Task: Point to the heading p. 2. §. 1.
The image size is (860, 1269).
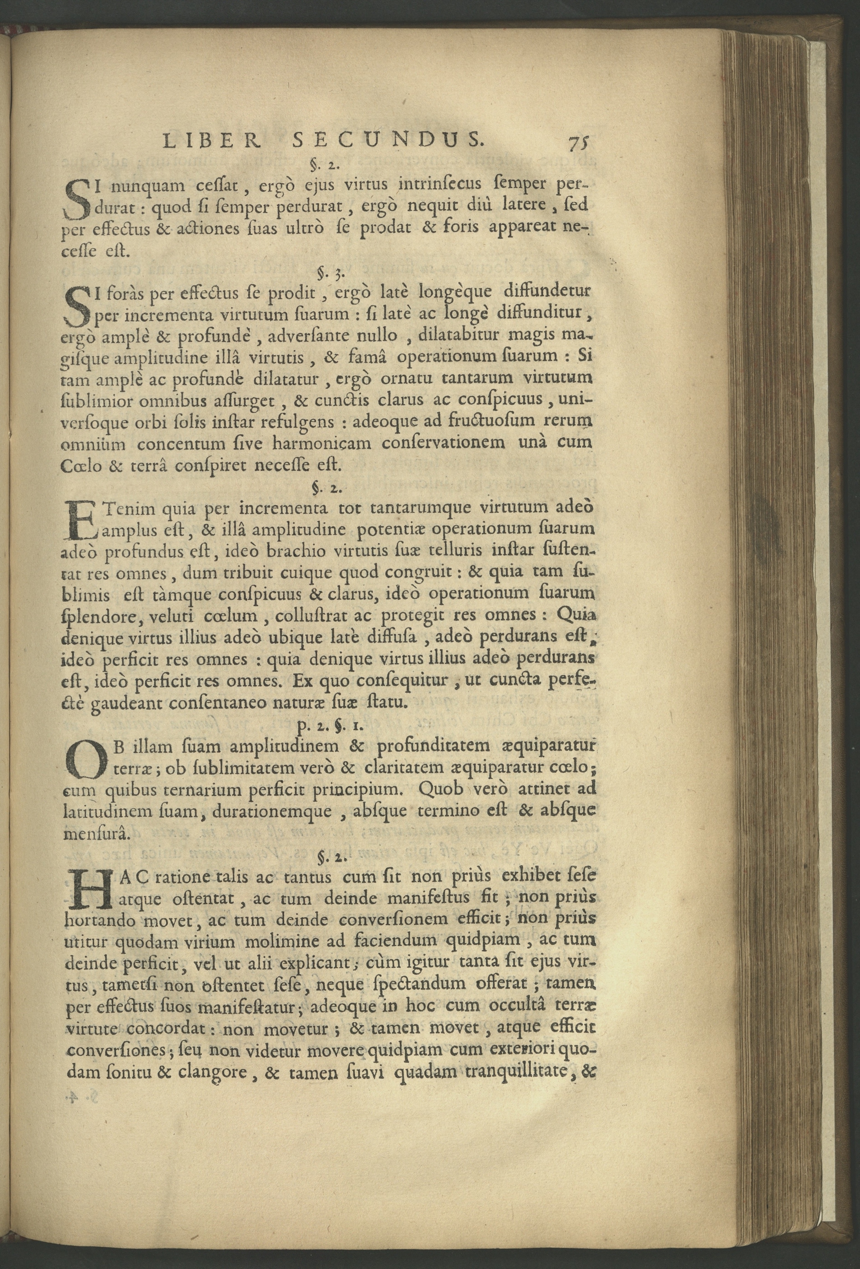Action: pos(328,726)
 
